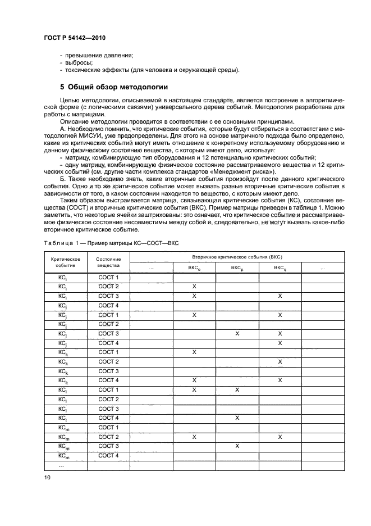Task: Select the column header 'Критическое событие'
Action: pyautogui.click(x=65, y=262)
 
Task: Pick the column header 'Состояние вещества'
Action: pyautogui.click(x=108, y=262)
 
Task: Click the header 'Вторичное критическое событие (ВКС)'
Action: pyautogui.click(x=237, y=256)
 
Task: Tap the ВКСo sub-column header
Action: pyautogui.click(x=194, y=268)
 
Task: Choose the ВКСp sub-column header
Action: pyautogui.click(x=237, y=268)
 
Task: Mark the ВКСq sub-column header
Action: pyautogui.click(x=280, y=268)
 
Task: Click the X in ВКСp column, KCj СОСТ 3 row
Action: pyautogui.click(x=237, y=334)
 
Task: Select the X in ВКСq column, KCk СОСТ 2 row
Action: pyautogui.click(x=280, y=362)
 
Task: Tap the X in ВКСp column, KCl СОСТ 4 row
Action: pyautogui.click(x=237, y=418)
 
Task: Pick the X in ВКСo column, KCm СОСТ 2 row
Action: pyautogui.click(x=194, y=437)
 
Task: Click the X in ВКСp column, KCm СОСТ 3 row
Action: pyautogui.click(x=237, y=446)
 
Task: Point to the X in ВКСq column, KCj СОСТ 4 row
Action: pyautogui.click(x=280, y=343)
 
